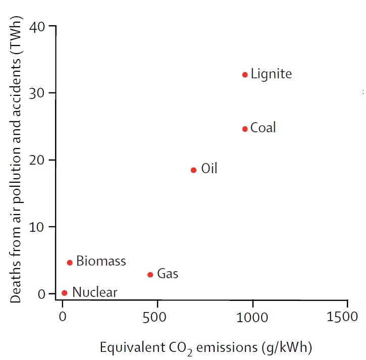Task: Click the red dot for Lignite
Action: tap(245, 75)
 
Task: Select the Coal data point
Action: tap(245, 129)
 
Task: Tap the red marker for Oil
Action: tap(193, 170)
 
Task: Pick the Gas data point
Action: tap(150, 275)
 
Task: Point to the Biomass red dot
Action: tap(70, 263)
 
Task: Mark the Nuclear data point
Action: tap(64, 293)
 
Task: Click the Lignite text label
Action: tap(271, 74)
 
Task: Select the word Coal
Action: tap(263, 128)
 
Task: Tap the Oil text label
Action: tap(209, 169)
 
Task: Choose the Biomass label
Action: tap(101, 262)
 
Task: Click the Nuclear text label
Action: tap(94, 292)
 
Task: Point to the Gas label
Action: tap(168, 274)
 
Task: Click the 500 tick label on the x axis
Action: tap(158, 318)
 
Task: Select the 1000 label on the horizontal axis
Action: tap(252, 318)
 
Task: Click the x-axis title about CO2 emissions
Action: tap(205, 348)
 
